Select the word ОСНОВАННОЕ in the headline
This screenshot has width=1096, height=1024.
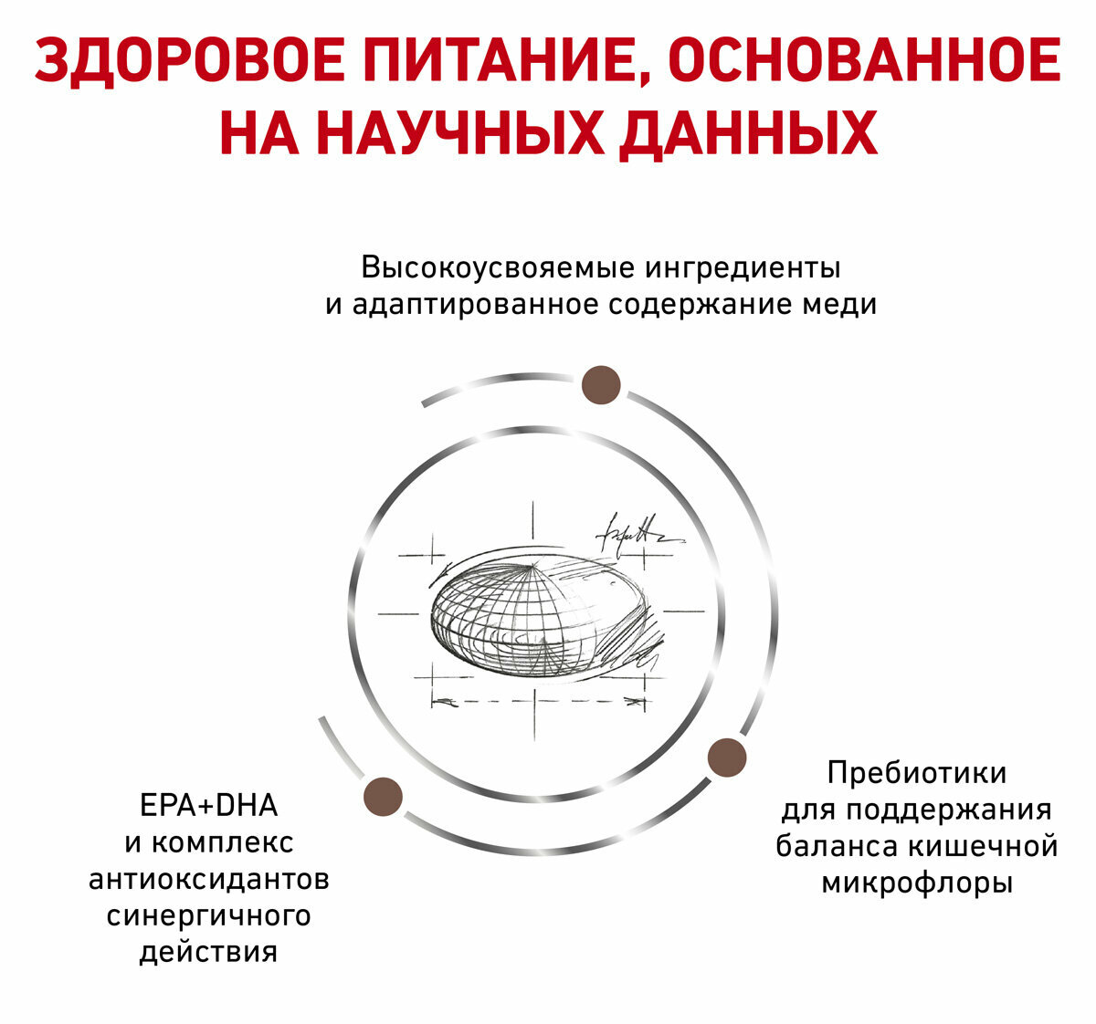tap(864, 61)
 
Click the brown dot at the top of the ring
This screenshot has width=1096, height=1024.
tap(601, 384)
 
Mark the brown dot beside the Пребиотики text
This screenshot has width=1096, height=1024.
tap(727, 758)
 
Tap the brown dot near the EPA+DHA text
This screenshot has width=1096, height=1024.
tap(383, 796)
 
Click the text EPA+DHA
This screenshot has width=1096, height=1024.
tap(208, 806)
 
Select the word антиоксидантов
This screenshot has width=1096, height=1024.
tap(208, 880)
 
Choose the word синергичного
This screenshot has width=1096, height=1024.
tap(208, 915)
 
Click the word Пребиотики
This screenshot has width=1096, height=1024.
tap(917, 773)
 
